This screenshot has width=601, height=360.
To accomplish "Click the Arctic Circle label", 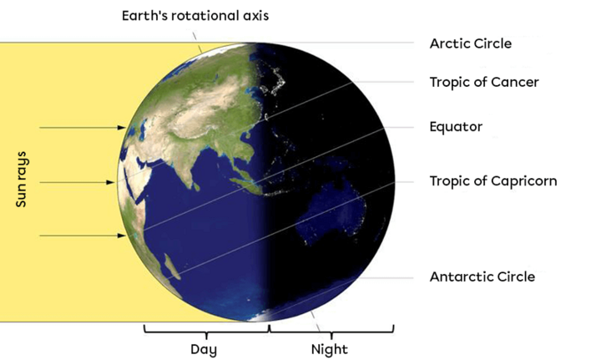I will point(470,43).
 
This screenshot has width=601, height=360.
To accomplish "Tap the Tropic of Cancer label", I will point(484,82).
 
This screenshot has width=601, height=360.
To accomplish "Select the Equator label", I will point(456,127).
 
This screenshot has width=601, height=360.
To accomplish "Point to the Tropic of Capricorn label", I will point(492,180).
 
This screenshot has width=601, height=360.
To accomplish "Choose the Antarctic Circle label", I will point(482,276).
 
